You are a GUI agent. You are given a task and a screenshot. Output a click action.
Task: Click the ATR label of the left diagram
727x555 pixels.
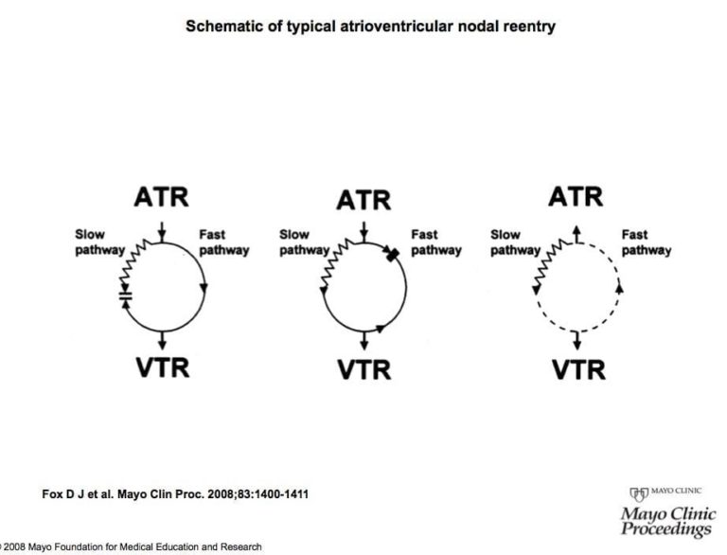coord(162,197)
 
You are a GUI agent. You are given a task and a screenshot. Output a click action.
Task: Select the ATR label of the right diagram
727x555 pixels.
coord(576,197)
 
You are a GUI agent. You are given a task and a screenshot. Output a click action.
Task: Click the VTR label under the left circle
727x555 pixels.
coord(163,365)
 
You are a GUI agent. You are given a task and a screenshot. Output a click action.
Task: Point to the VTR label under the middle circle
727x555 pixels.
coord(365,367)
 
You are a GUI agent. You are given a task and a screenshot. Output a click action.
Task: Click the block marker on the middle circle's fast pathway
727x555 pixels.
coord(390,253)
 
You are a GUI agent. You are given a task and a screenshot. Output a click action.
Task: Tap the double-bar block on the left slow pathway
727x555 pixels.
coord(126,296)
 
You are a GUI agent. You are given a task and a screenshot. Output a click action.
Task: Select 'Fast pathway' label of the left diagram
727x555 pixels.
coord(224,242)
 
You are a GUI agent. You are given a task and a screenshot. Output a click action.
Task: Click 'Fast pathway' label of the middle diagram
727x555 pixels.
coord(435,242)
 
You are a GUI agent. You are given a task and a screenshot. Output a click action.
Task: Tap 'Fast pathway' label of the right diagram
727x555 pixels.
coord(647,242)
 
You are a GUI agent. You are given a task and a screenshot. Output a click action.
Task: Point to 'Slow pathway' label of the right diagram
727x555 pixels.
coord(514,242)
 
